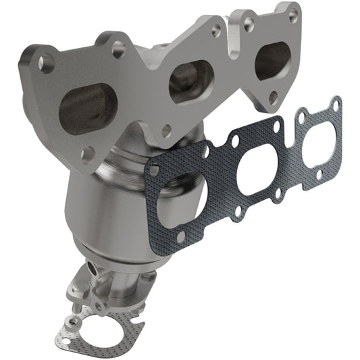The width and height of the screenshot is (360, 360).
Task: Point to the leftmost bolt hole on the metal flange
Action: [x=45, y=63]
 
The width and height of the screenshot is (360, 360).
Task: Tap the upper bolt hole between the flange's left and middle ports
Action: [x=119, y=47]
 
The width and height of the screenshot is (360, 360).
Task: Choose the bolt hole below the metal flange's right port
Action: [x=273, y=97]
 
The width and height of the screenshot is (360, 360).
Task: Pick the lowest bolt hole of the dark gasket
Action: [x=180, y=236]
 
